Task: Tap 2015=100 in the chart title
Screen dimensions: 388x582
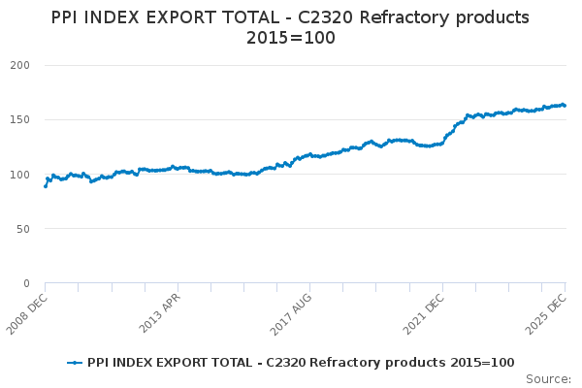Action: coord(290,38)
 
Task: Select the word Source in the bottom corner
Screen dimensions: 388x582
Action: coord(547,378)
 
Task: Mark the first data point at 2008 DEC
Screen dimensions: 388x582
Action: coord(46,185)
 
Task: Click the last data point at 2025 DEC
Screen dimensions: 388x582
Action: coord(565,106)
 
